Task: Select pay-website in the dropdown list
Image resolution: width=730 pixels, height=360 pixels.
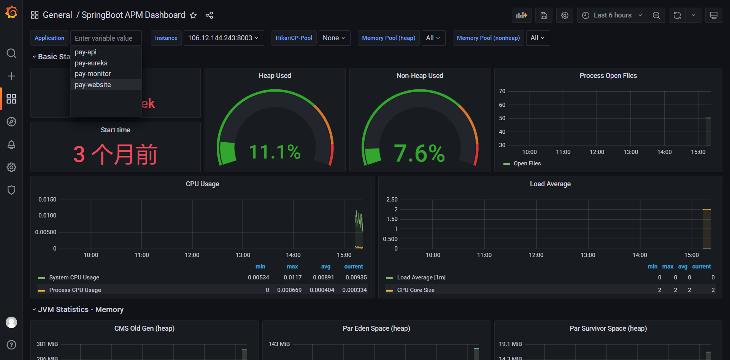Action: (93, 85)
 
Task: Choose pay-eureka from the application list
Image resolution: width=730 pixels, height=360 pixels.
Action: (91, 63)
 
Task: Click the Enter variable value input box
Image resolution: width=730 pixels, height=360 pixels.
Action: (106, 38)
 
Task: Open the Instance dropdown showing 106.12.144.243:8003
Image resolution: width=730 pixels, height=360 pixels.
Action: (224, 38)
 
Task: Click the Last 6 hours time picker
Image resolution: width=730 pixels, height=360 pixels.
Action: (612, 15)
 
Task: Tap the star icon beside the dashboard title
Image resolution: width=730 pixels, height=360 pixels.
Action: (193, 15)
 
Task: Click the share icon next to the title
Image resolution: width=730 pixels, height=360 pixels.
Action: (209, 15)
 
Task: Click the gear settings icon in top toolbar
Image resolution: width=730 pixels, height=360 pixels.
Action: (565, 15)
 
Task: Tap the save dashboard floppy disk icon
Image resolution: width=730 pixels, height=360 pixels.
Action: (544, 15)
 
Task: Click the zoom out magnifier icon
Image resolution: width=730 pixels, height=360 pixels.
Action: (656, 15)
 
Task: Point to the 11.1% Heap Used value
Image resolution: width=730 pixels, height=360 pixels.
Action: (275, 152)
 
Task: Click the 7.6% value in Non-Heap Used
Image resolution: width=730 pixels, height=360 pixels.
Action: (419, 154)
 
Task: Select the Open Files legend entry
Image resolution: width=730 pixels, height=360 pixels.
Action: (527, 163)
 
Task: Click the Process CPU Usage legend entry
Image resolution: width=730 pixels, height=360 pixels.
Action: (75, 290)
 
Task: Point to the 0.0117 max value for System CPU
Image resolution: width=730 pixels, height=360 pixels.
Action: (292, 278)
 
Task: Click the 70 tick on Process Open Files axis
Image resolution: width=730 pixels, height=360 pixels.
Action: (502, 91)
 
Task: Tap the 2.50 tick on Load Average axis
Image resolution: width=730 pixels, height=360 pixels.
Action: (392, 200)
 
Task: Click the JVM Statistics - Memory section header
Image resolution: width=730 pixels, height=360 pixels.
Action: (81, 309)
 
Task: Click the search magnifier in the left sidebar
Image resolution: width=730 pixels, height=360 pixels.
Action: (11, 53)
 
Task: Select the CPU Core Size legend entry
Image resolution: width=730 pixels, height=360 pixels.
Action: (416, 290)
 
